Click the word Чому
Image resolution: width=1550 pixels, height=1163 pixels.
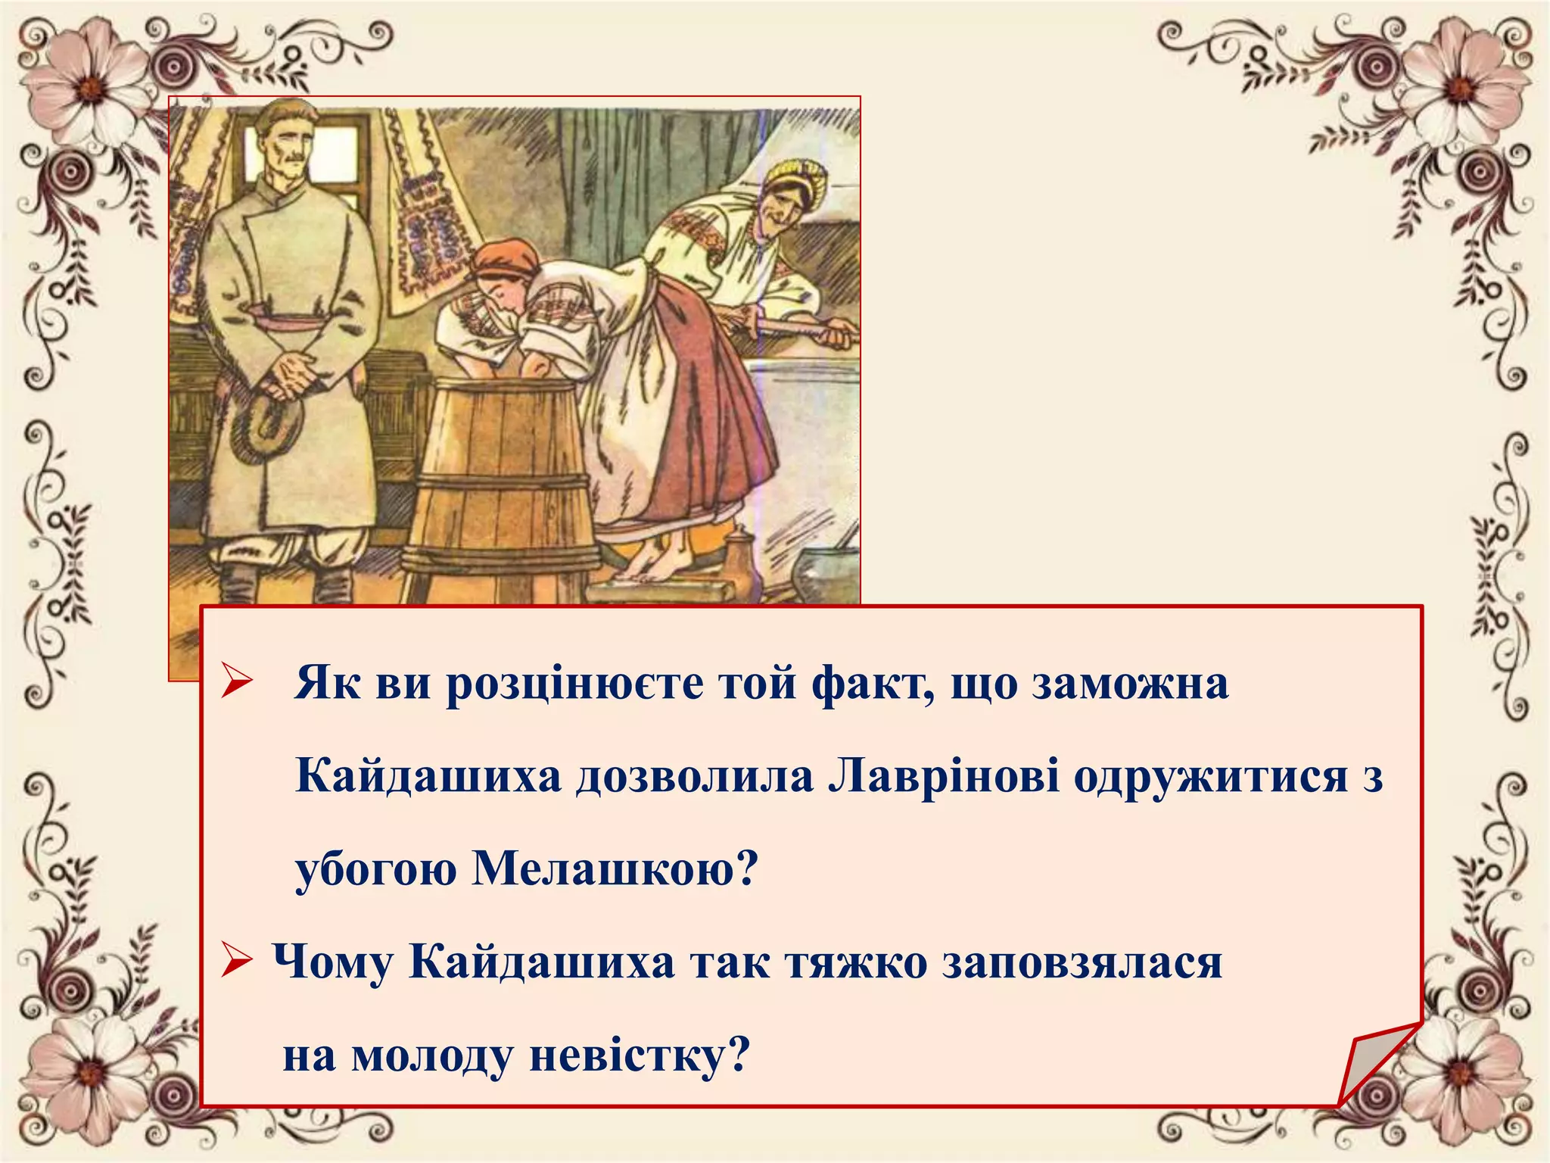tap(333, 963)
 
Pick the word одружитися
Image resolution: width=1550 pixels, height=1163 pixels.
tap(1211, 776)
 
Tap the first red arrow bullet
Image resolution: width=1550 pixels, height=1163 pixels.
tap(236, 681)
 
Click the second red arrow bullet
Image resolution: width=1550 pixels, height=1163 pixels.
tap(236, 963)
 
